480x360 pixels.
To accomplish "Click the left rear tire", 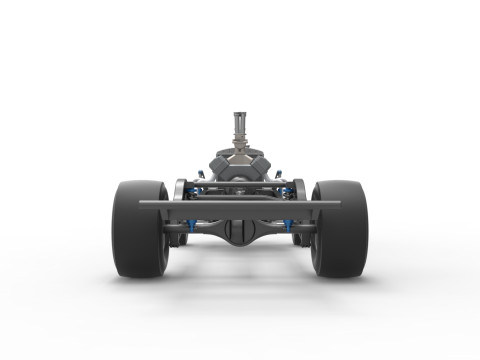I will tap(137, 230).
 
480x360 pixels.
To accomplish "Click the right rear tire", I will tap(341, 230).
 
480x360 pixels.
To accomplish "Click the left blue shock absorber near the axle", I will tap(186, 222).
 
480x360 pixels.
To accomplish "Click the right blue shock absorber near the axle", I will tap(292, 222).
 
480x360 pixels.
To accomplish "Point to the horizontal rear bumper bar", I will tap(240, 204).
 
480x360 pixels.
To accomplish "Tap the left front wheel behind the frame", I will tap(180, 190).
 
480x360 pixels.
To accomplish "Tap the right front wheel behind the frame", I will tap(299, 190).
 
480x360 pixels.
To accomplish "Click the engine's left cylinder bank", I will tap(222, 164).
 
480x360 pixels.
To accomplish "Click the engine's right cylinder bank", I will tap(258, 164).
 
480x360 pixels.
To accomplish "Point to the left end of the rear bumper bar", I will tap(143, 204).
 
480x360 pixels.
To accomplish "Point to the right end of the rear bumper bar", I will tap(337, 204).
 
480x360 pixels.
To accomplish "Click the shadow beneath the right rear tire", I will tap(341, 281).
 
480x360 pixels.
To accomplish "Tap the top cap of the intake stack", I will tap(240, 113).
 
